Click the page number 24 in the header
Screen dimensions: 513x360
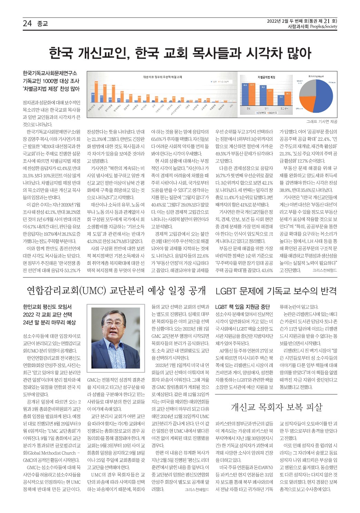click(27, 23)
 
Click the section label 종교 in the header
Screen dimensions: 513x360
click(42, 23)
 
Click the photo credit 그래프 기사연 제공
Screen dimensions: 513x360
click(321, 122)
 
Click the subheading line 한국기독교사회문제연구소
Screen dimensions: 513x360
click(50, 73)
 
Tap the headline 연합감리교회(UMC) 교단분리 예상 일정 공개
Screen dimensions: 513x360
click(116, 291)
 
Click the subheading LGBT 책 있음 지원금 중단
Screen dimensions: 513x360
click(242, 306)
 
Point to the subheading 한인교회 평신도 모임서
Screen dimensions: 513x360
click(47, 306)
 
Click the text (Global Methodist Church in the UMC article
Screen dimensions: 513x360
click(52, 453)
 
